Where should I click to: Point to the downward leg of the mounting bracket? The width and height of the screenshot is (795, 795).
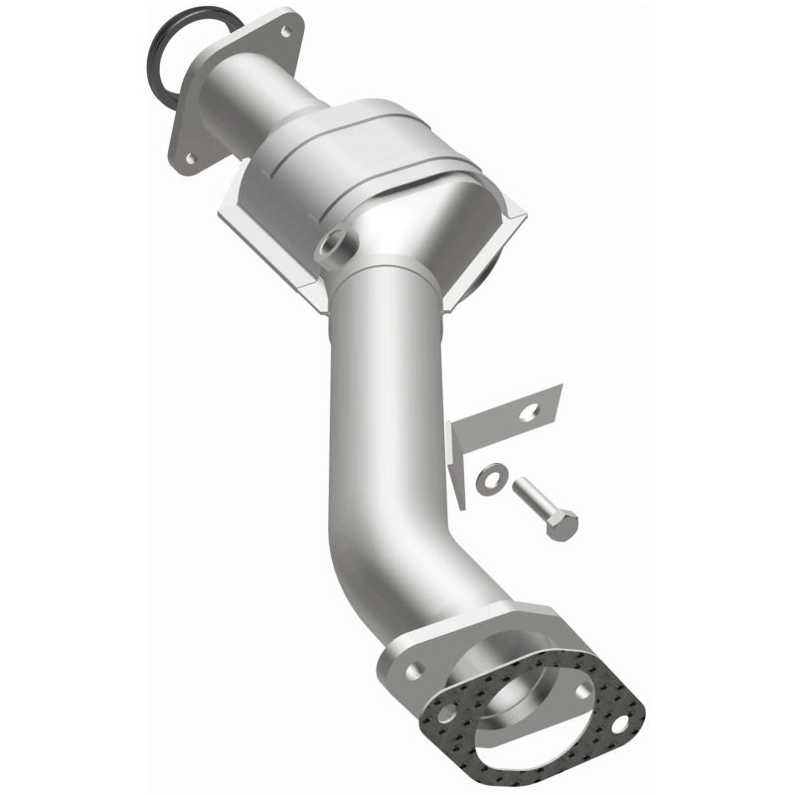460,467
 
